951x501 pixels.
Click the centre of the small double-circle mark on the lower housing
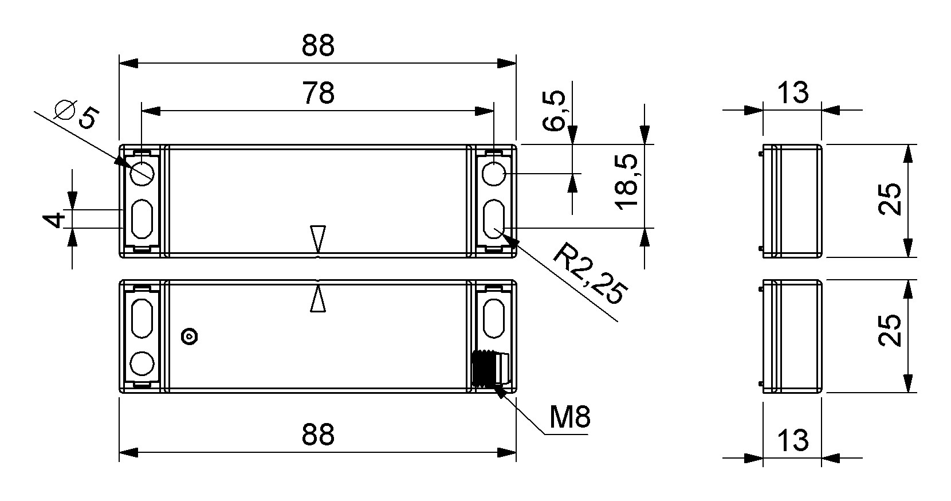pyautogui.click(x=190, y=336)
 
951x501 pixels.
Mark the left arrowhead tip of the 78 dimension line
pyautogui.click(x=142, y=111)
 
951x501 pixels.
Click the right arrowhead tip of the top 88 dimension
pyautogui.click(x=516, y=63)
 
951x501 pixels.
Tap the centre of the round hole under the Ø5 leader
pyautogui.click(x=142, y=174)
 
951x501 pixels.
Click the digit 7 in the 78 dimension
pyautogui.click(x=311, y=93)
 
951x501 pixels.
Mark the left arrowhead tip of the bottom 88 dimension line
pyautogui.click(x=119, y=452)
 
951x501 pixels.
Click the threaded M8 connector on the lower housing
pyautogui.click(x=490, y=368)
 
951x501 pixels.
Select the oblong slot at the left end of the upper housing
pyautogui.click(x=142, y=219)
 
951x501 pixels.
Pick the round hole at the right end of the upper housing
pyautogui.click(x=494, y=174)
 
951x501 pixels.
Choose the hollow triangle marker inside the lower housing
pyautogui.click(x=318, y=299)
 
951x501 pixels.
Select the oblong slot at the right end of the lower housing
pyautogui.click(x=494, y=318)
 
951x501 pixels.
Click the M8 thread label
pyautogui.click(x=570, y=417)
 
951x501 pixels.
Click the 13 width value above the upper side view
pyautogui.click(x=793, y=93)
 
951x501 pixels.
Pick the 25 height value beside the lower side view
pyautogui.click(x=890, y=330)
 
